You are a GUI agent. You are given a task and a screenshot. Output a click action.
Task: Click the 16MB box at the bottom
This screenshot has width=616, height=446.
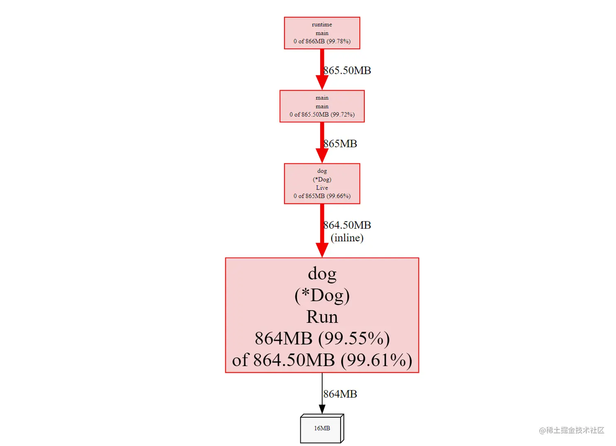322,428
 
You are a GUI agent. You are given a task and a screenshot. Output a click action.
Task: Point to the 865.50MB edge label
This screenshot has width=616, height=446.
347,71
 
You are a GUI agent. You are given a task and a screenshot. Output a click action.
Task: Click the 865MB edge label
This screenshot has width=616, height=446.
340,144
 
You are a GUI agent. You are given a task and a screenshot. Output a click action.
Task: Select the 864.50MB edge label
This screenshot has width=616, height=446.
347,225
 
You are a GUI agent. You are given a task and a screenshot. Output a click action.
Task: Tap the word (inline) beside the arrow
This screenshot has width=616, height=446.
347,238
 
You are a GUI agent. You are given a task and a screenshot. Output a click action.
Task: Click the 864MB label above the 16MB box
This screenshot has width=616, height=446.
340,394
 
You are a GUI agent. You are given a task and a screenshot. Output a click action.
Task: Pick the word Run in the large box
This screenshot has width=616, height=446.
322,317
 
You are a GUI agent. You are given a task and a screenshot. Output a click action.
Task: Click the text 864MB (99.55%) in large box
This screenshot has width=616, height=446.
322,338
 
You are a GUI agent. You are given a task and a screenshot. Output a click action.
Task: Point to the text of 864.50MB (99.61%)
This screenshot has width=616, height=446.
322,360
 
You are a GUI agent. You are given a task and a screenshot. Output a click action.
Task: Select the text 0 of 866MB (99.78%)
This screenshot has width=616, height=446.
322,41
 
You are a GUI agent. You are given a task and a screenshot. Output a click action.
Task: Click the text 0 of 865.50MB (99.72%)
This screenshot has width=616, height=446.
322,115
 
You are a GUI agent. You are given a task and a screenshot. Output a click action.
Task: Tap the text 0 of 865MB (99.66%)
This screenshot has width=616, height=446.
322,196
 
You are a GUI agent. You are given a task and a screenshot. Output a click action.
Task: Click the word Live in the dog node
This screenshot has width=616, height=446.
322,188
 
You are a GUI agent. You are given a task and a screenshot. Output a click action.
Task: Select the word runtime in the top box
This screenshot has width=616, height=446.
322,24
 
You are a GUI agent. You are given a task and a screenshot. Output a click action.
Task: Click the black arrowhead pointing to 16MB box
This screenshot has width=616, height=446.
322,409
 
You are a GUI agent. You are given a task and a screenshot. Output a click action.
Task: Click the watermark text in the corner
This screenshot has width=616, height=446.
571,430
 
